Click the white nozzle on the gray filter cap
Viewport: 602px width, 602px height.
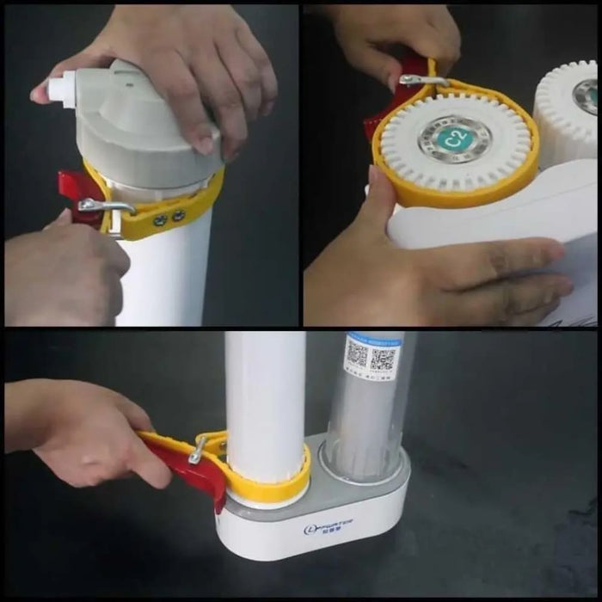63,89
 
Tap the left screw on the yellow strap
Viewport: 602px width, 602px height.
161,219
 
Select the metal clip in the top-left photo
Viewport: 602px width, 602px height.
106,206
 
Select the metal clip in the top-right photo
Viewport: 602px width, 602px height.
423,81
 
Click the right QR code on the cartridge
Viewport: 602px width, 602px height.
384,357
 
